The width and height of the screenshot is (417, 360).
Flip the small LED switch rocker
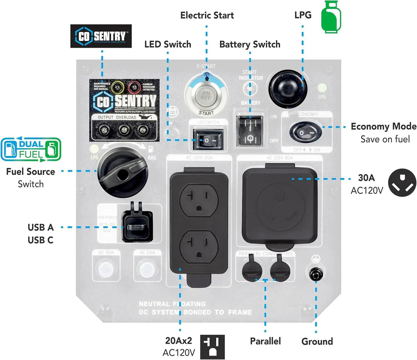[208, 140]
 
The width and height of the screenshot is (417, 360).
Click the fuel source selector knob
[121, 169]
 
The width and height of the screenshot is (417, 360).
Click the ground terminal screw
[315, 274]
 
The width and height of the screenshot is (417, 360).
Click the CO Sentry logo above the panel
[101, 36]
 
